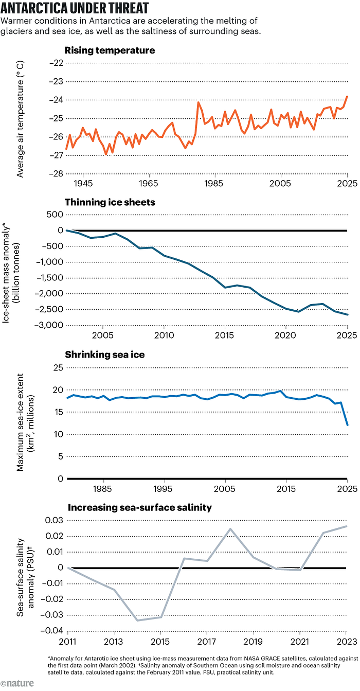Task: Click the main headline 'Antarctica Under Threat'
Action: coord(76,9)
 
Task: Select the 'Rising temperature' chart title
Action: coord(110,50)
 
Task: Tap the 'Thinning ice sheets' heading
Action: coord(110,202)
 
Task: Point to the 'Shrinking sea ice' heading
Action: coord(104,355)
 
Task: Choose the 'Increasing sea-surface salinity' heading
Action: coord(139,507)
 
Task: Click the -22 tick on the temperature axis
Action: coord(54,63)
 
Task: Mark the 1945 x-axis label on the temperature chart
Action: coord(83,184)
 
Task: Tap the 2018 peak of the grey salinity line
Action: coord(230,528)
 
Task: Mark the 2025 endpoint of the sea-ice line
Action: coord(347,425)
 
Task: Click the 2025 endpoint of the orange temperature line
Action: coord(347,96)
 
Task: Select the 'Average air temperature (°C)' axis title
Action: coord(20,118)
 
